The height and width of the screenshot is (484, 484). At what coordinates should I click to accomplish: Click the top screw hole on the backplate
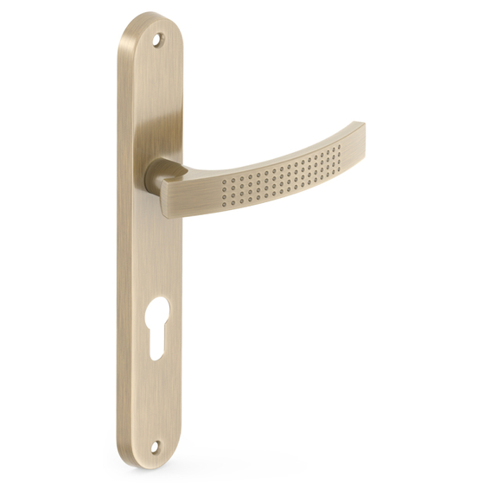point(157,39)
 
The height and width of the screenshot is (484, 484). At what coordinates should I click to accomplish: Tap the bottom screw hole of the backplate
point(156,447)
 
